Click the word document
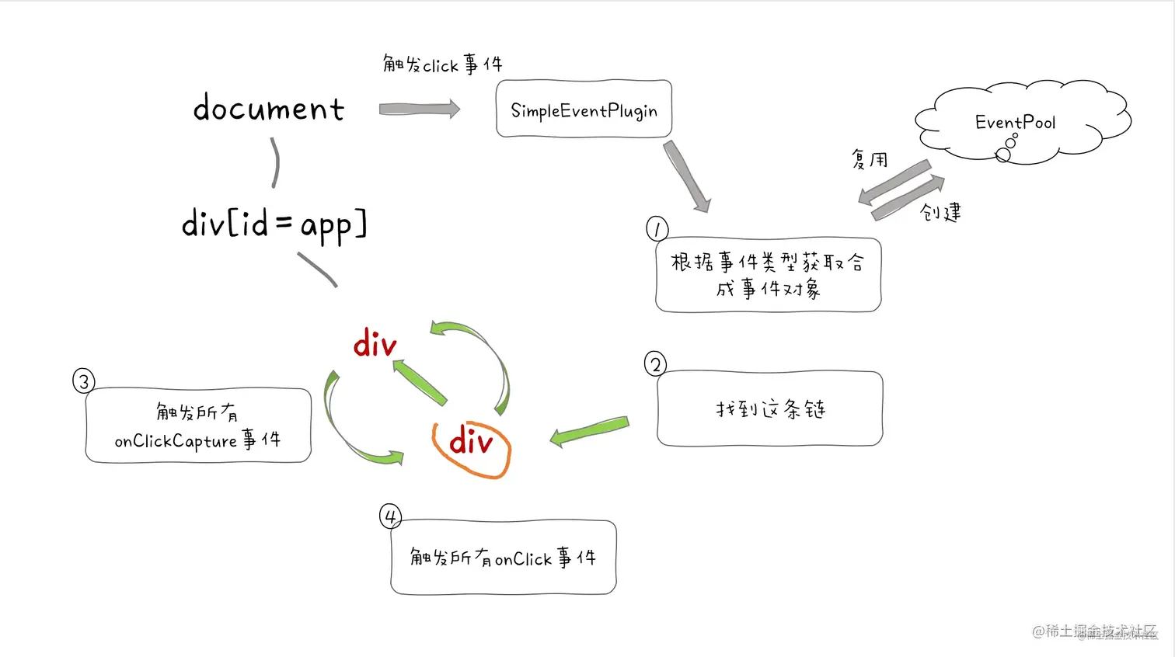(x=268, y=109)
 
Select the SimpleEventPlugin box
(x=584, y=109)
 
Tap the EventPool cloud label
(x=1015, y=123)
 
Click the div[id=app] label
(x=274, y=224)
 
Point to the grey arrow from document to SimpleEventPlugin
(x=419, y=109)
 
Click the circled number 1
(x=657, y=229)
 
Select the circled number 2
(x=655, y=364)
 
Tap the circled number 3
(x=83, y=381)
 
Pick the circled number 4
(x=390, y=516)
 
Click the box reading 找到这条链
(x=769, y=408)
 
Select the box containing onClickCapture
(x=198, y=426)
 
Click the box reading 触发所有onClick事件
(x=503, y=558)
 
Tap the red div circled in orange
(x=471, y=443)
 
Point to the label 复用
(x=869, y=160)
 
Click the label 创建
(x=940, y=212)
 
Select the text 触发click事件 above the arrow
(x=442, y=64)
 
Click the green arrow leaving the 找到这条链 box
(x=589, y=431)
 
